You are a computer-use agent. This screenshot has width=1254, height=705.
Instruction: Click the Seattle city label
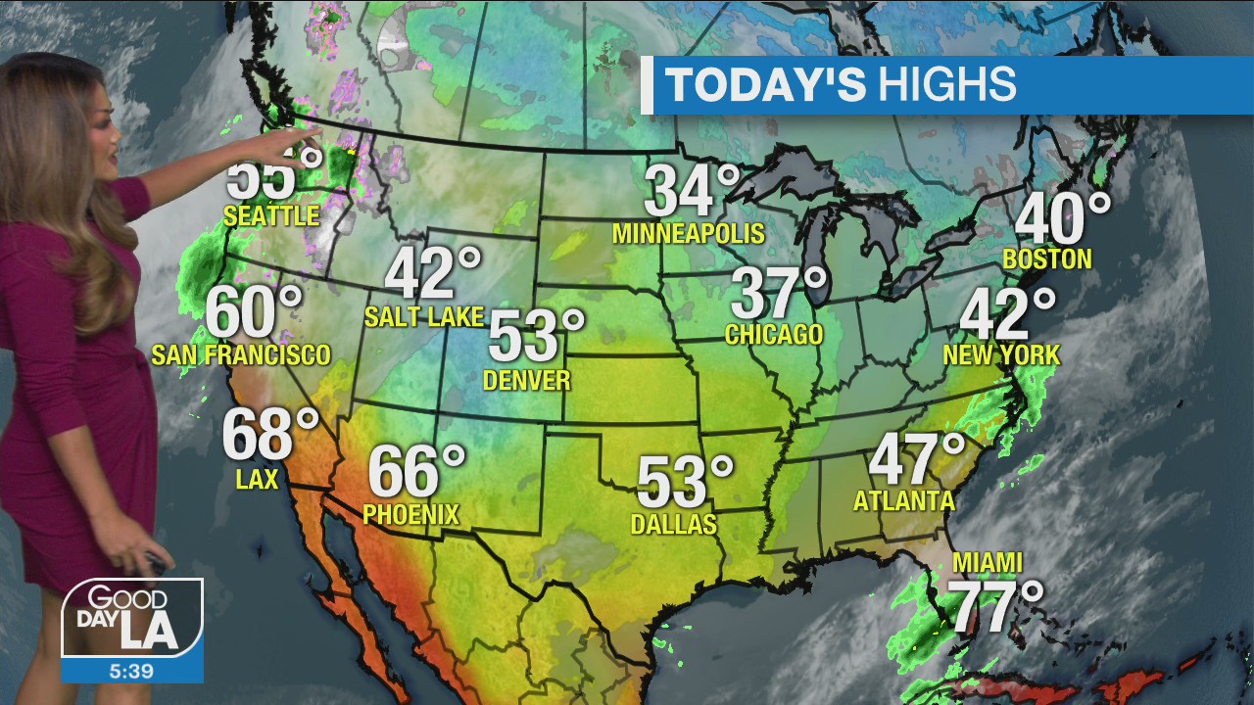(271, 215)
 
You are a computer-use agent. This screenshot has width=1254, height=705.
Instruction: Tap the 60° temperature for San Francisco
(254, 312)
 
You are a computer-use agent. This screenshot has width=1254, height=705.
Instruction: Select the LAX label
(258, 479)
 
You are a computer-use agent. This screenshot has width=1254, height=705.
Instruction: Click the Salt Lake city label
(423, 316)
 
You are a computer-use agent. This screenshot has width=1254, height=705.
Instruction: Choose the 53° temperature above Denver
(536, 336)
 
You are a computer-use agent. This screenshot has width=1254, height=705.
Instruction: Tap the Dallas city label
(673, 525)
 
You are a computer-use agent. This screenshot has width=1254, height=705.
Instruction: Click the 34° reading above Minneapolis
(693, 191)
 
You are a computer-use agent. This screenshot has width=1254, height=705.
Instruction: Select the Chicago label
(774, 335)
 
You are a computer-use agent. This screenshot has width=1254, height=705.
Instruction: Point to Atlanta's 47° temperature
(917, 457)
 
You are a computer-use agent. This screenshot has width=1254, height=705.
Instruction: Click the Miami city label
(988, 563)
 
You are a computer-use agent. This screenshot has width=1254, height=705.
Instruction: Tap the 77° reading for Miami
(997, 607)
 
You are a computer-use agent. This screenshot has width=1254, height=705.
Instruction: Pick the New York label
(1001, 354)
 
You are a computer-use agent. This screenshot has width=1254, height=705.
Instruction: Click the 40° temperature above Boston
(1062, 218)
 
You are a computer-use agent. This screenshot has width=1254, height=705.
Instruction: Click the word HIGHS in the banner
(946, 85)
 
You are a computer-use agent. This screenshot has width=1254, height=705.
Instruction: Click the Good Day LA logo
(132, 618)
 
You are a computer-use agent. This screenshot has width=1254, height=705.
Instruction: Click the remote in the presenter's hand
(156, 562)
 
